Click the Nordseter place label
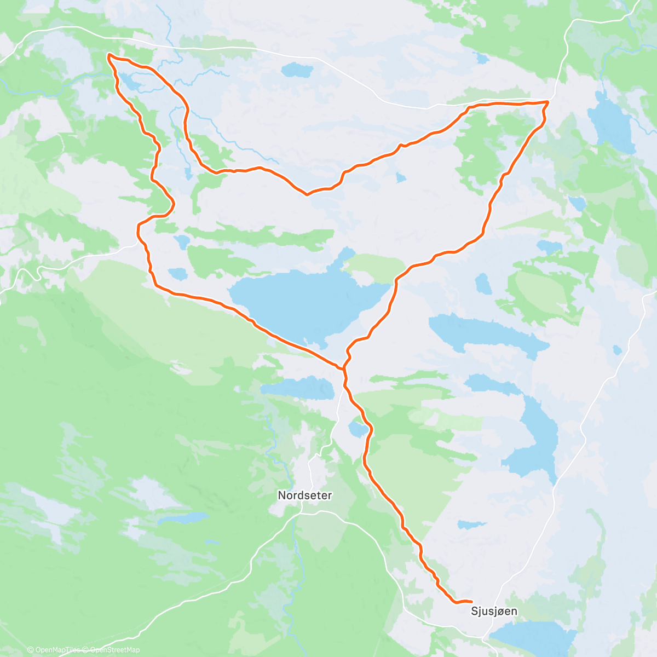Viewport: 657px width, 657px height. [305, 495]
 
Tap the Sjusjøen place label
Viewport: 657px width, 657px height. [494, 611]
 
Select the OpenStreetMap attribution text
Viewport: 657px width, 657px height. [115, 650]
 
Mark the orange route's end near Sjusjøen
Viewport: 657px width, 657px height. [471, 602]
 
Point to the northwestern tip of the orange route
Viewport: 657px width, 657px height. [109, 55]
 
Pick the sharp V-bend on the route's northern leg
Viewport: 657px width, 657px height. [307, 194]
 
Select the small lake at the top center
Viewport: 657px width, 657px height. [296, 70]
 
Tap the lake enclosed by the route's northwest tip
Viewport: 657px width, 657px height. [130, 83]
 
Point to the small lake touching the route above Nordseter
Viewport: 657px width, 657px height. [359, 429]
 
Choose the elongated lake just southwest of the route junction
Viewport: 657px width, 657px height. [298, 388]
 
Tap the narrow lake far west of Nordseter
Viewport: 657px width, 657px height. [183, 518]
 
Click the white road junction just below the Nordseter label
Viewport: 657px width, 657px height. [302, 512]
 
